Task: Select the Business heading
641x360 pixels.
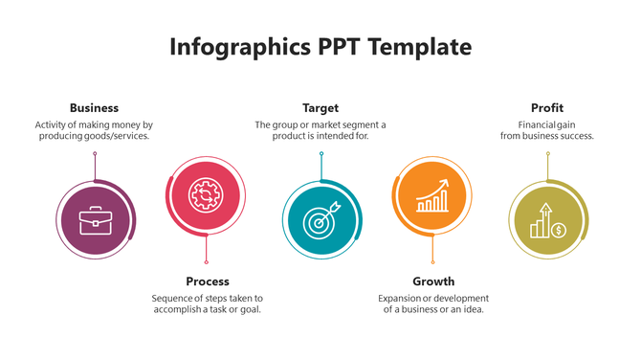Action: click(x=94, y=108)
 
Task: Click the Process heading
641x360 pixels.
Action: click(x=208, y=281)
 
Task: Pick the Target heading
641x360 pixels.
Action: click(x=320, y=108)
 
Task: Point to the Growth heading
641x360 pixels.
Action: click(x=433, y=281)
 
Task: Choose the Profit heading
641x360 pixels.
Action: click(x=547, y=108)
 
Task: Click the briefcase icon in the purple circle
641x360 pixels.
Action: click(x=94, y=221)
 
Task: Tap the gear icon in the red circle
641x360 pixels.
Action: click(x=205, y=194)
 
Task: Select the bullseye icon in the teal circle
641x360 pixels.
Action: click(x=320, y=220)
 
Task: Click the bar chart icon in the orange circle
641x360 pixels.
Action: click(x=432, y=196)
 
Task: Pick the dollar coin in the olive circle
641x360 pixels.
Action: click(x=560, y=230)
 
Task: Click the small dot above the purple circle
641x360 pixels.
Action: click(x=95, y=152)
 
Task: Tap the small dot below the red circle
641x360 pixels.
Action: click(x=207, y=262)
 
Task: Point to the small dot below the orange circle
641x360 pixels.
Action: click(x=433, y=262)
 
